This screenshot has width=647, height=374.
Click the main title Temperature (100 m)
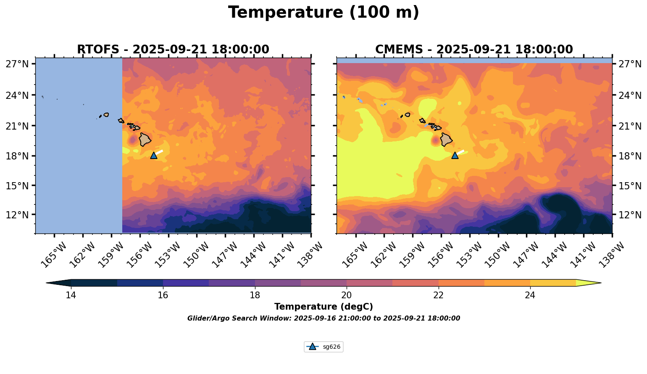(323, 13)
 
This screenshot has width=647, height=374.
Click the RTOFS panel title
(173, 50)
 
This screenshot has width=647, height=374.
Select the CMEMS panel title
(474, 50)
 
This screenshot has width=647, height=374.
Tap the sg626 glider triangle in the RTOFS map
(154, 155)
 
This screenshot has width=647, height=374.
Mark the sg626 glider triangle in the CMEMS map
(455, 155)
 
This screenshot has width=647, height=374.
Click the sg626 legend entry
(324, 347)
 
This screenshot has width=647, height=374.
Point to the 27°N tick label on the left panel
(17, 64)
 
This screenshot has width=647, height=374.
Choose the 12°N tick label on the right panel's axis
(630, 215)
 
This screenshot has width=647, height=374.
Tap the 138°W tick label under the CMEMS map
(613, 255)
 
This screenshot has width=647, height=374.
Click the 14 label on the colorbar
(71, 295)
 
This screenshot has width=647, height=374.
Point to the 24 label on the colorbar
(530, 295)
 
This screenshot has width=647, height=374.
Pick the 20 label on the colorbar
(347, 295)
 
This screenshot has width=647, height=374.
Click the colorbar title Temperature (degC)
(323, 307)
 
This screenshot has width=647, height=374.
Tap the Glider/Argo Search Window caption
(323, 318)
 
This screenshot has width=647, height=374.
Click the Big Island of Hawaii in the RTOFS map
(145, 139)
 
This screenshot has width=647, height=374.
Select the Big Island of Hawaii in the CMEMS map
(446, 139)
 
